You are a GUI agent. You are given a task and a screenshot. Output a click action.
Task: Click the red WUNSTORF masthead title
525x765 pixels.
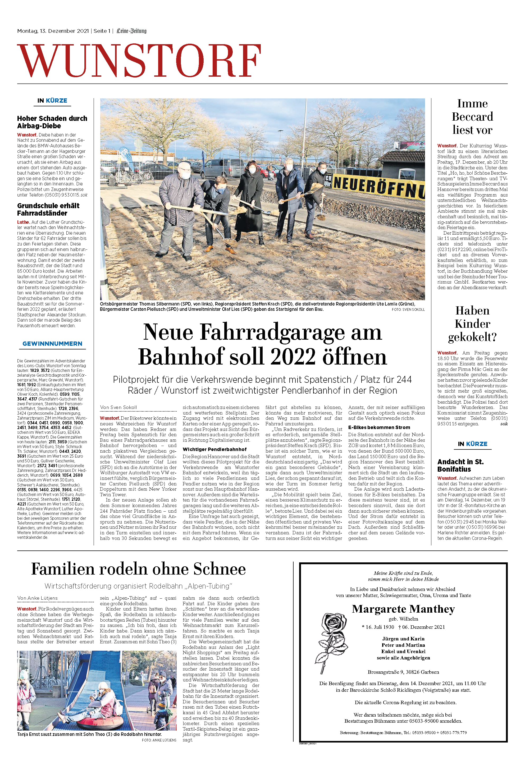139,61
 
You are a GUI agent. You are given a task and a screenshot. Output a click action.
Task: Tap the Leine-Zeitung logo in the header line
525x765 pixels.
131,31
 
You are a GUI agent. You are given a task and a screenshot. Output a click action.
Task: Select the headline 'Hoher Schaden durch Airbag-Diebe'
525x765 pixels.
52,122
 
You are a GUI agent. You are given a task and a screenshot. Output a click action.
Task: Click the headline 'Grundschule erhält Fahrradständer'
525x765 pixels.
48,209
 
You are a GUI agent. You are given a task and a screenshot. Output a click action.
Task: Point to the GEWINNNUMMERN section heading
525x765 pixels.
52,344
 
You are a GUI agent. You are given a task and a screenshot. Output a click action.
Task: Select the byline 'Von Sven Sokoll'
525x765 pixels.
118,407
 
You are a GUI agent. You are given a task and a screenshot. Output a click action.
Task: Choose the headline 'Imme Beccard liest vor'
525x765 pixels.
472,117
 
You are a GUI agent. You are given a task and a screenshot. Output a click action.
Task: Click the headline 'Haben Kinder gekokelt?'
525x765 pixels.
472,324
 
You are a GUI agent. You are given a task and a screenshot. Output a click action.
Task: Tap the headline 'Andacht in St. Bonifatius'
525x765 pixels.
460,466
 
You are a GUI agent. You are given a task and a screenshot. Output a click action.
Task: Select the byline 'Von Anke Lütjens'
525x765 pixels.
38,598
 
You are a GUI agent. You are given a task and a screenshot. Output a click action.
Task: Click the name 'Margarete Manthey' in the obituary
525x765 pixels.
403,609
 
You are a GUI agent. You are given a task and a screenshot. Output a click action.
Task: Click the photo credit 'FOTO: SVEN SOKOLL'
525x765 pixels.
408,310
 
